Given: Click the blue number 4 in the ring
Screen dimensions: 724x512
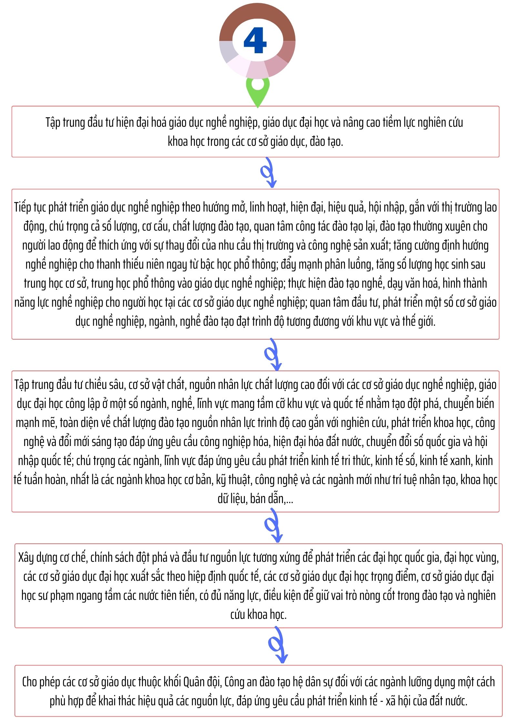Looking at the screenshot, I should click(255, 41).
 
